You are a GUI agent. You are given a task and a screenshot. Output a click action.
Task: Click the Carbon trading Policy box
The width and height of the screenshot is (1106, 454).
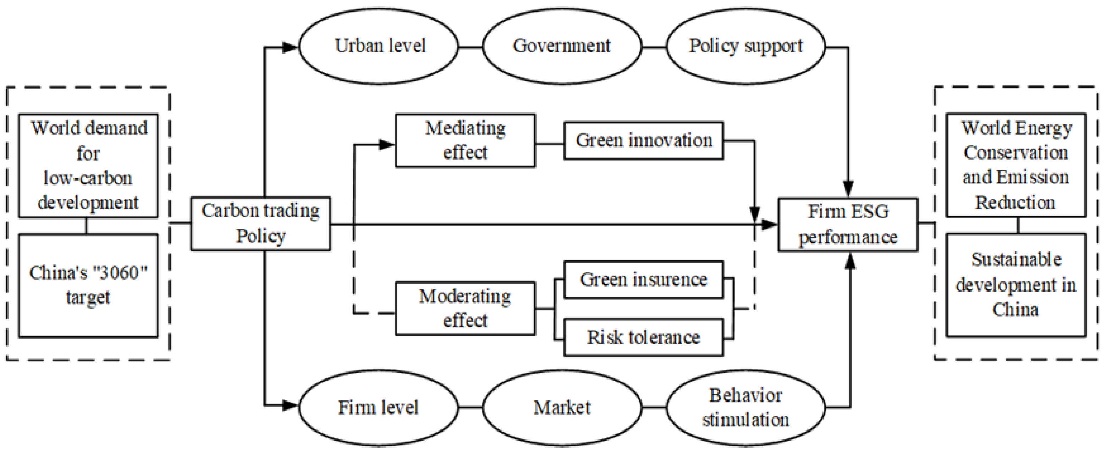click(x=260, y=223)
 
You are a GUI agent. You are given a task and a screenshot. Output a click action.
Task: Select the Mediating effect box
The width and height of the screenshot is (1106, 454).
click(x=465, y=140)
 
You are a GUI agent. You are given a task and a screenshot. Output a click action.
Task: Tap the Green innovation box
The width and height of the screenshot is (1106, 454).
click(x=643, y=141)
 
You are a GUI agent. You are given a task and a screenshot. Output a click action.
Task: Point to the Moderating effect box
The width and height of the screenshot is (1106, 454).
click(x=465, y=309)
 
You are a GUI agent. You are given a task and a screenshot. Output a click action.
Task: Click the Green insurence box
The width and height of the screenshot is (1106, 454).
click(x=643, y=280)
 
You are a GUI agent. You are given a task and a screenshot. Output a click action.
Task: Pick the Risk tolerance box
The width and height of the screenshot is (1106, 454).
click(x=643, y=337)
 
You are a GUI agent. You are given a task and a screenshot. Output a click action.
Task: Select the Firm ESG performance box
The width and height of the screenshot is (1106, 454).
click(x=848, y=225)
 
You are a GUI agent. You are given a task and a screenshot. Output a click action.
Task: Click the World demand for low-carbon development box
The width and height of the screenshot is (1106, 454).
click(x=88, y=166)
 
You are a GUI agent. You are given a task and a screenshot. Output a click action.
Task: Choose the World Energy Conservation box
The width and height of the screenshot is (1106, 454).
click(x=1016, y=165)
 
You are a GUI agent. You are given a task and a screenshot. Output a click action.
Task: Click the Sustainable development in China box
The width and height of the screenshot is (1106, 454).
click(x=1016, y=285)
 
